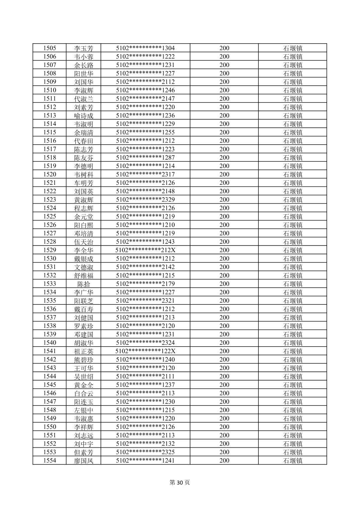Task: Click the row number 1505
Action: coord(50,48)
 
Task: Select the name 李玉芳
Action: coord(83,48)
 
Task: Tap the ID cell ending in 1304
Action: coord(145,48)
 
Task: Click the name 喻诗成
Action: coord(83,116)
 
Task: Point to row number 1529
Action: coord(50,250)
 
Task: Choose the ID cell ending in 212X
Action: coord(145,250)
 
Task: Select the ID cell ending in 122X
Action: coord(145,351)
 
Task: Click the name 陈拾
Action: coord(83,284)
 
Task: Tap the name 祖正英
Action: coord(83,351)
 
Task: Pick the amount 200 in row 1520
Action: coord(224,174)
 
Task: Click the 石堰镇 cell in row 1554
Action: coord(293,460)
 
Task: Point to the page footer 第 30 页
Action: coord(180,483)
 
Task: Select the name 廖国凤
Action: coord(83,460)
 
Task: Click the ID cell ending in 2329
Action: coord(145,200)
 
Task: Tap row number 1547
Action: coord(50,402)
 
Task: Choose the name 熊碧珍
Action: coord(83,360)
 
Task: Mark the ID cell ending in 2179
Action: coord(145,284)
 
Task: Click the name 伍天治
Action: coord(83,242)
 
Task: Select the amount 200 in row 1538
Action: coord(224,326)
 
